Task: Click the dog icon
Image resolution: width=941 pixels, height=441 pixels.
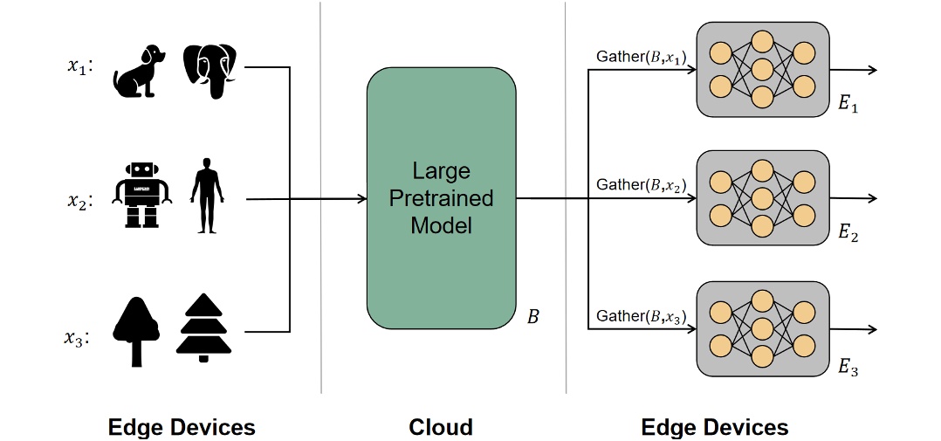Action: [x=139, y=71]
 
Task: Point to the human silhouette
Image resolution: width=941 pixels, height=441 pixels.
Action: [x=206, y=196]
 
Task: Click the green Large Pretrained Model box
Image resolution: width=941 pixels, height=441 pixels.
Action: [x=441, y=197]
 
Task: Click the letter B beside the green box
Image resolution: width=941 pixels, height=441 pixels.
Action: [x=532, y=316]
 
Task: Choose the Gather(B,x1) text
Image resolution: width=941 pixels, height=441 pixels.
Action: [x=641, y=57]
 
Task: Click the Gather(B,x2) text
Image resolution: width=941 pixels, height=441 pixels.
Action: [x=641, y=185]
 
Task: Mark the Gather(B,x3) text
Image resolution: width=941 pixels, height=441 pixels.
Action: [x=641, y=315]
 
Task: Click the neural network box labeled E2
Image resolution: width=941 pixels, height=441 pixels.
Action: [x=761, y=197]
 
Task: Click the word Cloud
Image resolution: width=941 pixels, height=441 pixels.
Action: [x=441, y=427]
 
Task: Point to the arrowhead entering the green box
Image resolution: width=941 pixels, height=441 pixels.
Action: [x=361, y=199]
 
